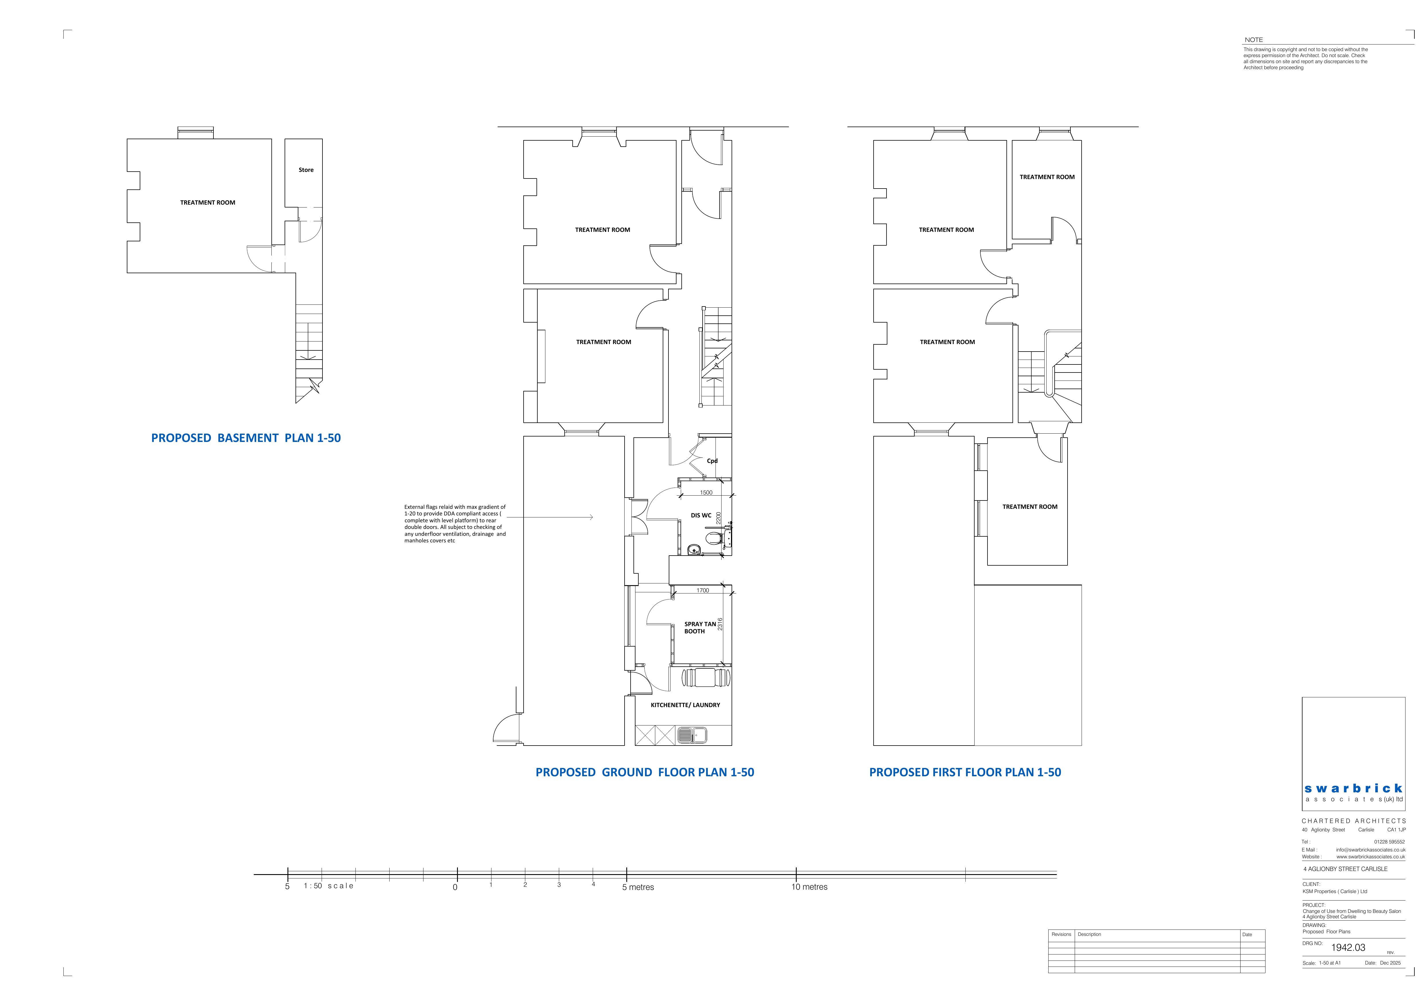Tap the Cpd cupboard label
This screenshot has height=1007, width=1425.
712,461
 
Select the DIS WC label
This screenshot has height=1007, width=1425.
701,515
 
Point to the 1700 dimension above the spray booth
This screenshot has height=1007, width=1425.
703,590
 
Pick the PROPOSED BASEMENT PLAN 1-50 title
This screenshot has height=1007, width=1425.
246,438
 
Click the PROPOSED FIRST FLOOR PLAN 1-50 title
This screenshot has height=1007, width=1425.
965,772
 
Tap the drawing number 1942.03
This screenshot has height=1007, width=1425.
1348,947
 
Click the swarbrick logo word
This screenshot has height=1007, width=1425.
1353,788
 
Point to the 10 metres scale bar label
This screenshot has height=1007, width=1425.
809,887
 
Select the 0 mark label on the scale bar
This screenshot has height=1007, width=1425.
455,887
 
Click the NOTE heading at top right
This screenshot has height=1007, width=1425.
1254,40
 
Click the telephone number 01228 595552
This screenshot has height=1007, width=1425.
1389,842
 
